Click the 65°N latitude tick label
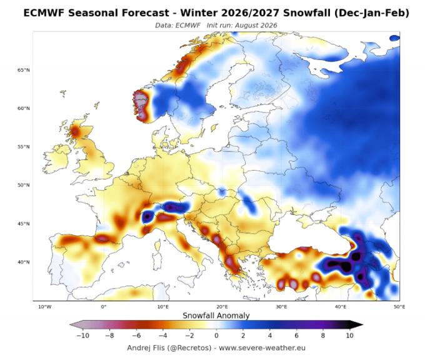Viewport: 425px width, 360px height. (x=24, y=70)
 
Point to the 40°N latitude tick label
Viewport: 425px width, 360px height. (x=24, y=262)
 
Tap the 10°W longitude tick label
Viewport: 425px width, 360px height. (x=45, y=307)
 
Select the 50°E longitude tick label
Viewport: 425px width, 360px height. (x=399, y=307)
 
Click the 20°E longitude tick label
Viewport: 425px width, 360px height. (x=222, y=307)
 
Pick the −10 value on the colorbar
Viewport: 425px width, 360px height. (x=82, y=336)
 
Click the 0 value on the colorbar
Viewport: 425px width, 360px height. (x=216, y=336)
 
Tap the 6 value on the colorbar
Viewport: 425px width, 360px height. (x=296, y=336)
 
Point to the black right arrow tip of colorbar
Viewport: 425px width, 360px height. (x=362, y=324)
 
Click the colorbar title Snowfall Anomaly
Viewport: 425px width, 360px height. (x=216, y=316)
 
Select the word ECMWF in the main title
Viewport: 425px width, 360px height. (x=44, y=13)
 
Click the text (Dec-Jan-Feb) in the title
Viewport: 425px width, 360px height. (x=371, y=13)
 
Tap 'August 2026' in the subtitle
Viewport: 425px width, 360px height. (x=256, y=26)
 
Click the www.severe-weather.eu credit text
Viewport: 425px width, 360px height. (x=262, y=347)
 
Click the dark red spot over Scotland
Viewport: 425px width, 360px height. (x=74, y=132)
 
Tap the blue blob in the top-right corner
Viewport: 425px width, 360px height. (x=394, y=38)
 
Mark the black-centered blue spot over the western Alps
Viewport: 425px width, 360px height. (x=147, y=216)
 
